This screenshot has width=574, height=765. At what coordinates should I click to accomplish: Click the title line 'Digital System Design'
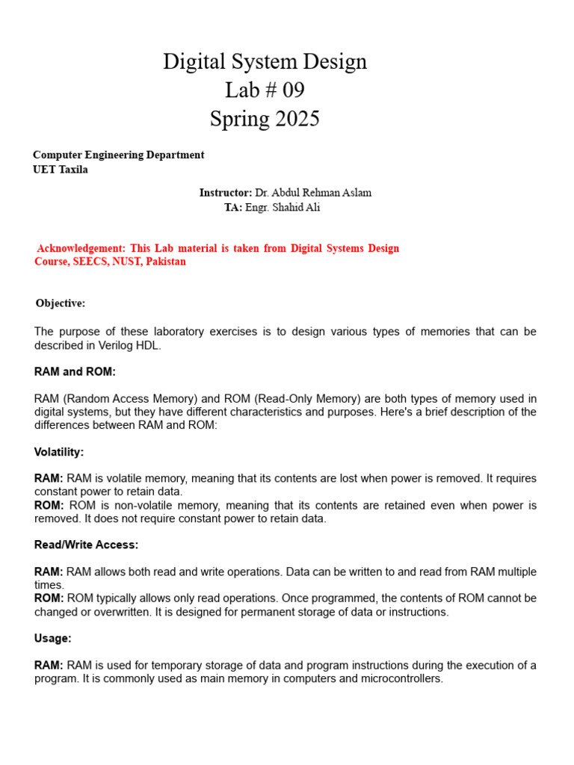265,61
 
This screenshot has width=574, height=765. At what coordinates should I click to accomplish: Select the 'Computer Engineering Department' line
118,155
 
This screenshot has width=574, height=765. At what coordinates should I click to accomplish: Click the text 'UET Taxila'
61,170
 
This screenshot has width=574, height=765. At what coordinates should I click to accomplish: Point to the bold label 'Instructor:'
226,193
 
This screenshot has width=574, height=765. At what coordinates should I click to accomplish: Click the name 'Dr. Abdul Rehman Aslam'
313,193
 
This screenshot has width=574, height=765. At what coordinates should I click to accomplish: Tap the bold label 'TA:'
233,208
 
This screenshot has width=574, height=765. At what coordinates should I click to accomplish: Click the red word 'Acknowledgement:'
81,248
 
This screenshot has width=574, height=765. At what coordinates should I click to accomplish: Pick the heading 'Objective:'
61,303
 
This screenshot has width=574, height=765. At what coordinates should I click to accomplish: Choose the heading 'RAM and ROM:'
75,371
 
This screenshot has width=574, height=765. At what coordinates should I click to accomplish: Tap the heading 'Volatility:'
59,452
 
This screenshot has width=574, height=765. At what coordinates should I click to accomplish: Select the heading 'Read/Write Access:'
86,545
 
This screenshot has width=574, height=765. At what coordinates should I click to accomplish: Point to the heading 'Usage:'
53,639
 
